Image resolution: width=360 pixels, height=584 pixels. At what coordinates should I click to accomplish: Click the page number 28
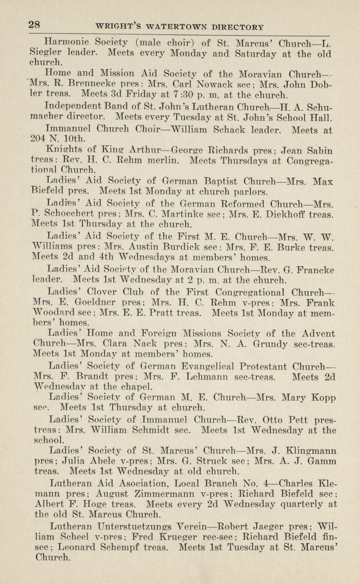pyautogui.click(x=34, y=24)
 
